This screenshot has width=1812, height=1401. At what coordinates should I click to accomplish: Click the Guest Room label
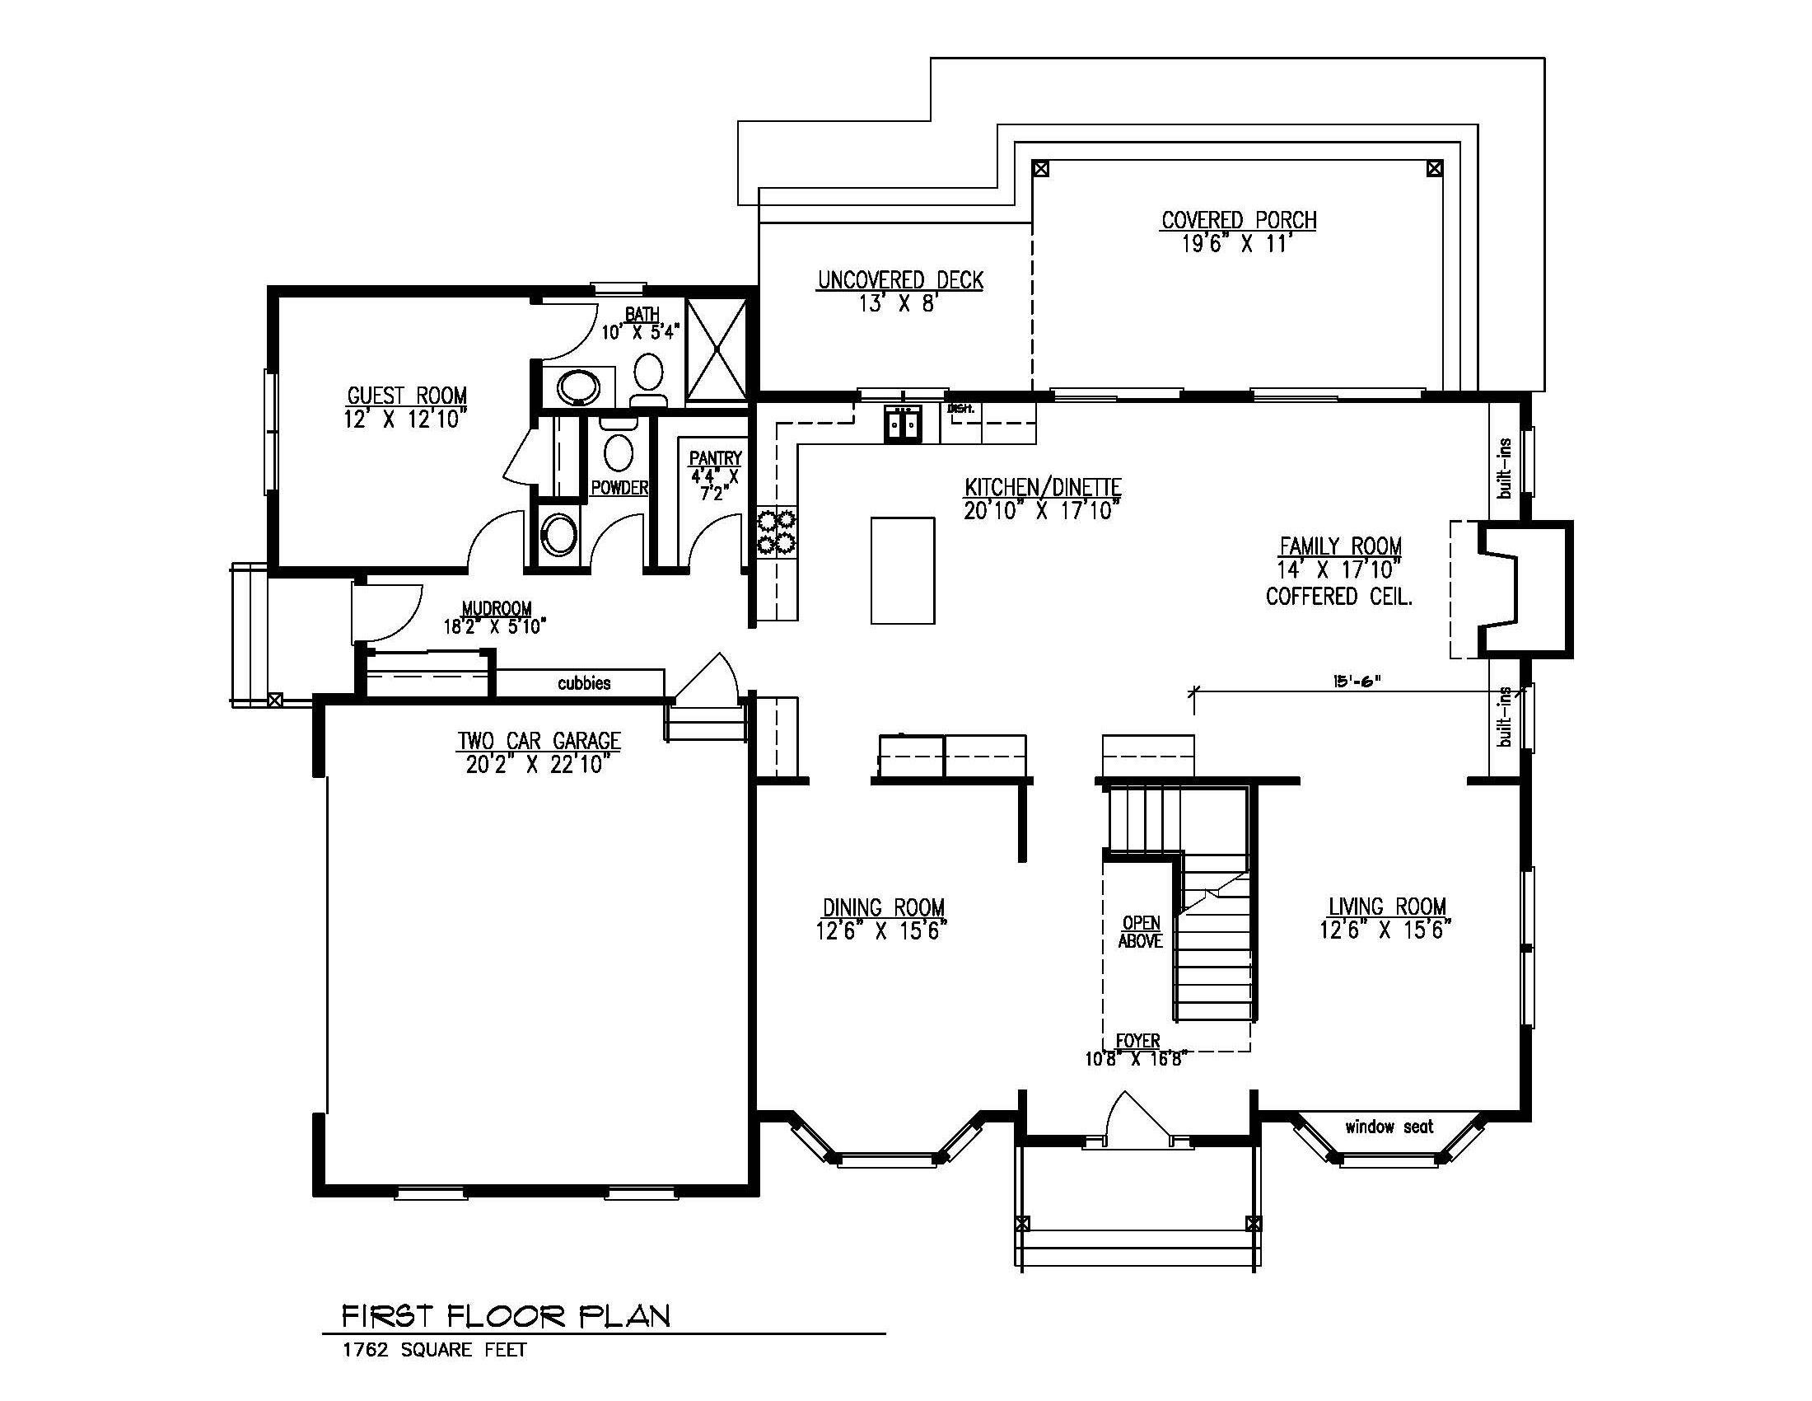[407, 395]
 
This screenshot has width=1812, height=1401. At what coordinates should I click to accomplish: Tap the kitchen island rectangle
[903, 570]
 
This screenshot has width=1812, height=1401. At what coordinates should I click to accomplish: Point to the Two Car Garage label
[539, 740]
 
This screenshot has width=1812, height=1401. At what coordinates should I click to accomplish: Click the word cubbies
[584, 683]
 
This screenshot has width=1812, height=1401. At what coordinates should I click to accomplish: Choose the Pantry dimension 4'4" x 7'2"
[714, 485]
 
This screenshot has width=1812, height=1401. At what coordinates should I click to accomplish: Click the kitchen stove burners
[775, 532]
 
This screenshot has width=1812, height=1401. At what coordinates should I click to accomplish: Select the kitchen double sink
[903, 424]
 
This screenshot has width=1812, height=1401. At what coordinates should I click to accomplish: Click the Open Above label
[1141, 931]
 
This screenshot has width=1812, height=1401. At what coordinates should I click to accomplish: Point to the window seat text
[1389, 1127]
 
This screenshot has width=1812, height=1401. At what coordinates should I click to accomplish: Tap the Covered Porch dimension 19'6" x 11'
[1238, 244]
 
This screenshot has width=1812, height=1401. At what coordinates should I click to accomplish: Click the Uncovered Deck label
[900, 279]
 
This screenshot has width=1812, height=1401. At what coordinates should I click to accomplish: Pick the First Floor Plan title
[506, 1315]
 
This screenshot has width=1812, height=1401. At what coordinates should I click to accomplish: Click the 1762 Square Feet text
[435, 1350]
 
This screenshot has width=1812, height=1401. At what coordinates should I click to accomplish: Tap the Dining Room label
[884, 907]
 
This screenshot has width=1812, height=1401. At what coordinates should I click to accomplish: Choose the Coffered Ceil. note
[1339, 596]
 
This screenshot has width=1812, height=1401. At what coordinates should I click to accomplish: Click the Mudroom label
[496, 608]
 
